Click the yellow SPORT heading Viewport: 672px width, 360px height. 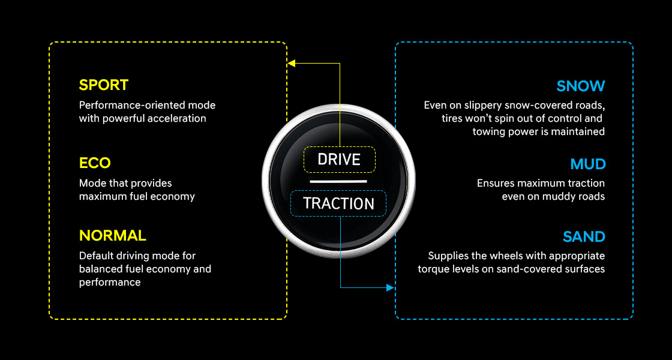104,85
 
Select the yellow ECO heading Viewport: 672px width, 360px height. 95,163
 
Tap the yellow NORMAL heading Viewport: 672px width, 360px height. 112,235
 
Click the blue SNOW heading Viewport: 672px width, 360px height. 581,86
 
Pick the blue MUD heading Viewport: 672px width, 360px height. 588,164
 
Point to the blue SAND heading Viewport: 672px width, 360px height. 584,237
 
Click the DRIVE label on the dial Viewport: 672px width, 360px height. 339,160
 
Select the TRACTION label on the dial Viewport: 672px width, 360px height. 338,203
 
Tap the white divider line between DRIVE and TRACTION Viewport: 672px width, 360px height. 338,181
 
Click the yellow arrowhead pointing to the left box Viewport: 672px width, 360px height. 292,63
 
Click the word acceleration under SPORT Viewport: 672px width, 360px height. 178,118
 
